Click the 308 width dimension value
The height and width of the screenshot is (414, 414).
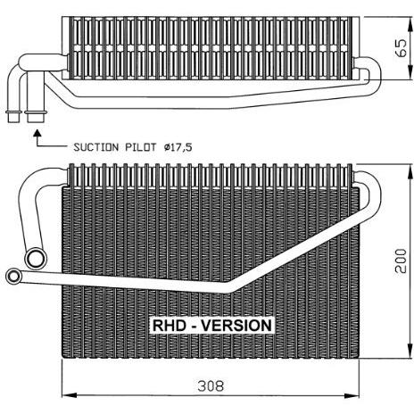point(211,386)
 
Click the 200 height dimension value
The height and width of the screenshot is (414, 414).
point(401,261)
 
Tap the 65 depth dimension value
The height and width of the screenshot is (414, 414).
point(401,47)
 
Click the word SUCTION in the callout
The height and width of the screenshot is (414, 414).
point(96,147)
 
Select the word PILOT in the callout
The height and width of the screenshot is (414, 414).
point(141,147)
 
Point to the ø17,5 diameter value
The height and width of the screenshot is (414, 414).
point(178,147)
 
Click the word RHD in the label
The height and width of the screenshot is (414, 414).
point(170,326)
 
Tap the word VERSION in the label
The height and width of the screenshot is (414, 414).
point(236,326)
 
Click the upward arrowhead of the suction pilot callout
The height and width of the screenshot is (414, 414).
point(37,133)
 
